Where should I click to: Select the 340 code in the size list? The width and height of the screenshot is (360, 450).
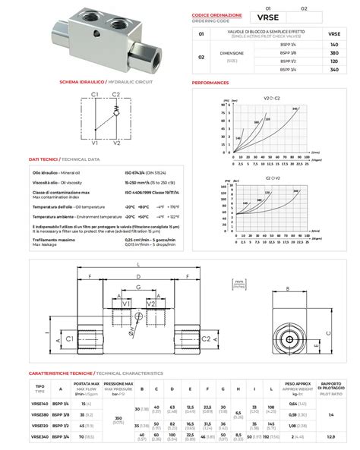tap(333, 69)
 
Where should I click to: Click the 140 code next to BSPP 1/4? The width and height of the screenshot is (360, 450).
tap(333, 45)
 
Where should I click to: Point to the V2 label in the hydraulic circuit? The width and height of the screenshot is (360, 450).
tap(115, 142)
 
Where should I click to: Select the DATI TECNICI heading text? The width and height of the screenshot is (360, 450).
tap(43, 160)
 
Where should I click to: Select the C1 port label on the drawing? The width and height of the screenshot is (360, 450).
tap(70, 339)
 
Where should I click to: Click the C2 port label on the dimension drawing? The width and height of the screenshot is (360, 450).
tap(205, 339)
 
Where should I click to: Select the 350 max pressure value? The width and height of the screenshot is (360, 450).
tap(118, 418)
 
